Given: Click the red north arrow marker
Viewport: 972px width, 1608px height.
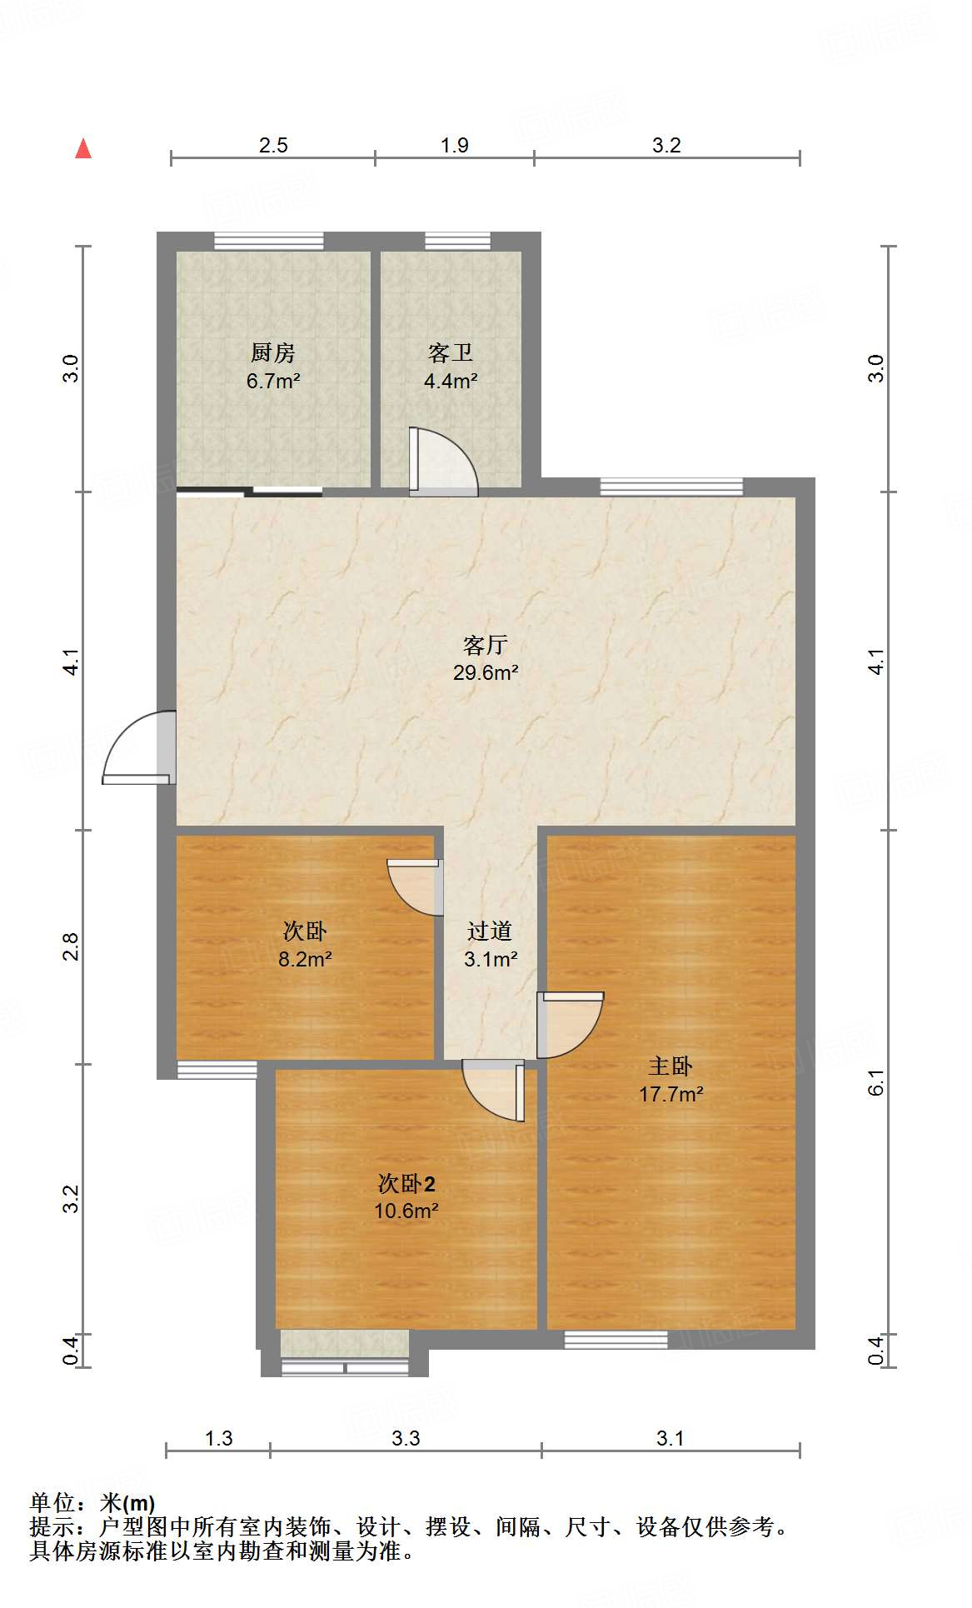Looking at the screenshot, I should pos(83,149).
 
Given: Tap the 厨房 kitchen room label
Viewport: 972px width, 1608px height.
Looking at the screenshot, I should pos(272,353).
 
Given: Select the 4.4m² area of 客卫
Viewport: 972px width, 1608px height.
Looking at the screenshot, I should pos(450,382).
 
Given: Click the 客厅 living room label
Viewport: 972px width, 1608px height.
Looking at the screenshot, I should pos(485,645).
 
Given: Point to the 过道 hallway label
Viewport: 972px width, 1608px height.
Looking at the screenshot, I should pos(489,931).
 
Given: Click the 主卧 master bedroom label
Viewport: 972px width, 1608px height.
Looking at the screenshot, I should pos(670,1066).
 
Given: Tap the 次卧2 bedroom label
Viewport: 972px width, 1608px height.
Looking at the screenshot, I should pos(406,1184).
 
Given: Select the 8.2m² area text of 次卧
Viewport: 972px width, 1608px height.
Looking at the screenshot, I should pos(305,960).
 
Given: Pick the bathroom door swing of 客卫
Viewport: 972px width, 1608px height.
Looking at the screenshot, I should pos(441,462).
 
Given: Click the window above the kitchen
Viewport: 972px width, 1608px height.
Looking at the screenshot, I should pos(268,241).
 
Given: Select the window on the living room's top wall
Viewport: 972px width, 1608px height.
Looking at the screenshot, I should pos(671,487).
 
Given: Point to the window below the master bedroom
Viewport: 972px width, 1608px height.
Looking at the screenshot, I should pos(616,1340).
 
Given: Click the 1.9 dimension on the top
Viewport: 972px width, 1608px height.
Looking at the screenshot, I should pos(454,146).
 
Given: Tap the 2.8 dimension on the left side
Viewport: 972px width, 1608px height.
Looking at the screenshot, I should pos(72,947).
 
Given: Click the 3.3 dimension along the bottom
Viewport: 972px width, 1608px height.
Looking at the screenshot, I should pos(406,1439).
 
